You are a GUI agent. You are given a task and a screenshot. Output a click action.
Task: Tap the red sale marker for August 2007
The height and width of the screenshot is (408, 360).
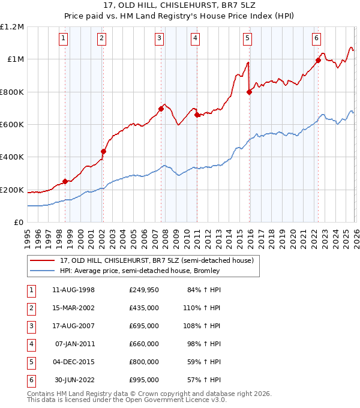pos(161,109)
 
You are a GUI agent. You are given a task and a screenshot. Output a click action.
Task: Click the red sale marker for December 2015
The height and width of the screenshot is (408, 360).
pos(249,92)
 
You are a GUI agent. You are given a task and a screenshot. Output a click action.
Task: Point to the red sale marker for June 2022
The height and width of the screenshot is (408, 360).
pos(318,60)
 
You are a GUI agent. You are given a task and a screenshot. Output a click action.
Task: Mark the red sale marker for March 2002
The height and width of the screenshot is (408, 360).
pos(103,151)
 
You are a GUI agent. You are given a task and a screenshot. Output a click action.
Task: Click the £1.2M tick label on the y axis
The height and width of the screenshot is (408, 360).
pos(12,27)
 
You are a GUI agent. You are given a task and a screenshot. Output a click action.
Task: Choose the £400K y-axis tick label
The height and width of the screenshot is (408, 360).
pos(12,157)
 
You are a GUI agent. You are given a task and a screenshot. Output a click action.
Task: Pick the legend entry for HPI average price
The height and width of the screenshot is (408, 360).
pos(140,271)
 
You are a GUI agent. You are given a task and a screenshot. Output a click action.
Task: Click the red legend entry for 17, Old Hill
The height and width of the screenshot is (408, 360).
pos(157,260)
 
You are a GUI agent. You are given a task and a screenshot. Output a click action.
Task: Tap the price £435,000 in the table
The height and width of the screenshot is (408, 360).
pos(144,308)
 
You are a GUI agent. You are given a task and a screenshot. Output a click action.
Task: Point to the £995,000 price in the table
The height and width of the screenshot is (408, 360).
pos(144,380)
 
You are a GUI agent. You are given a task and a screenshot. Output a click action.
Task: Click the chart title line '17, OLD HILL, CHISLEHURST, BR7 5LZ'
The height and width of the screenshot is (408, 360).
pos(180,7)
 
